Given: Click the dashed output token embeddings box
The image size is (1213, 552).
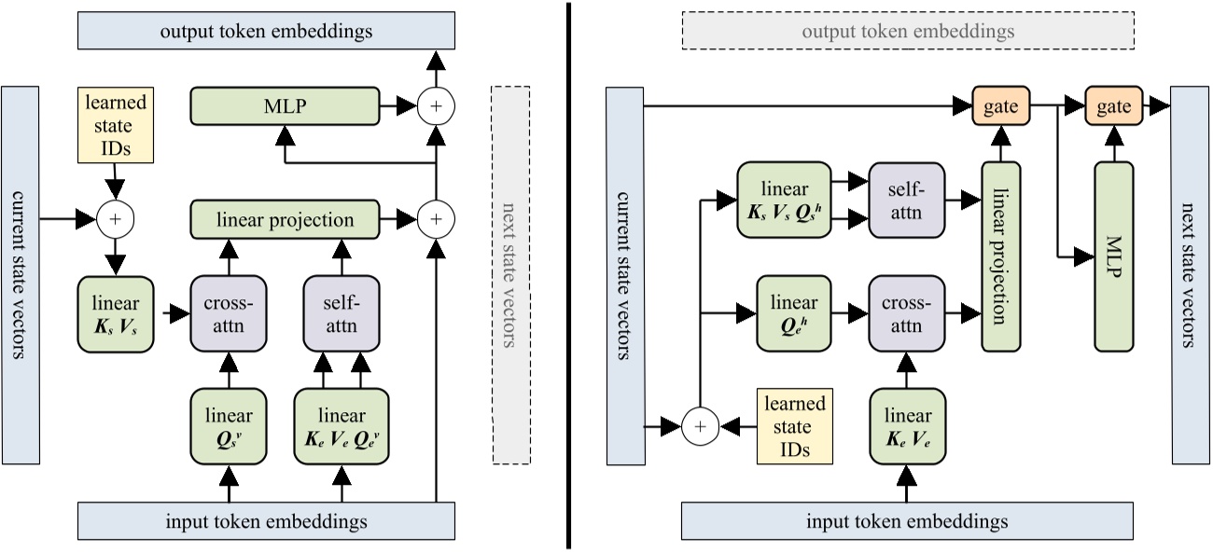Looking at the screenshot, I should pyautogui.click(x=908, y=31).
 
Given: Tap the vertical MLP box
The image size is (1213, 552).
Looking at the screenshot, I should pyautogui.click(x=1114, y=256).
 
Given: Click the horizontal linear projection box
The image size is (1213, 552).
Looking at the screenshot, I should pyautogui.click(x=285, y=220).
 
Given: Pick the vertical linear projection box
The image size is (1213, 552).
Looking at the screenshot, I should pyautogui.click(x=1001, y=256).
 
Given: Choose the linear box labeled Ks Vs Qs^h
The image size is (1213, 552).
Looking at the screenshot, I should pyautogui.click(x=784, y=200).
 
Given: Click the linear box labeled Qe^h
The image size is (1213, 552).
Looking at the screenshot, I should pyautogui.click(x=793, y=312).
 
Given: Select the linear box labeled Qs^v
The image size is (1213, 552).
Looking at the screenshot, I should pyautogui.click(x=228, y=425).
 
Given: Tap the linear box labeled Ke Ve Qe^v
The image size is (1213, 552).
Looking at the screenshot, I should pyautogui.click(x=342, y=425).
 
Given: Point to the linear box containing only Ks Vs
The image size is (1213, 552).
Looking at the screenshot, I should pyautogui.click(x=115, y=313).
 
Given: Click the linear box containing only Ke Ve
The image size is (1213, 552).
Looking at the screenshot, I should pyautogui.click(x=906, y=425).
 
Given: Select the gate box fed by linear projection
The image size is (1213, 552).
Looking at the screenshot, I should pyautogui.click(x=1000, y=106).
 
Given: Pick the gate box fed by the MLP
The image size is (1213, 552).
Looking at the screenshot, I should pyautogui.click(x=1114, y=106).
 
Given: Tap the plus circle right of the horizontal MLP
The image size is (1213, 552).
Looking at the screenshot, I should pyautogui.click(x=435, y=106).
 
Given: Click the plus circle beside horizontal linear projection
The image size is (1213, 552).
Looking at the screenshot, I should pyautogui.click(x=435, y=220).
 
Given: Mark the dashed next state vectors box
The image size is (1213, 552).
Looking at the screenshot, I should pyautogui.click(x=509, y=275).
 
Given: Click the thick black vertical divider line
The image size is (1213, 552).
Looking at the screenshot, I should pyautogui.click(x=568, y=275).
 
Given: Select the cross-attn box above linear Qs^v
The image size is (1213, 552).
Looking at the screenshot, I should pyautogui.click(x=228, y=313).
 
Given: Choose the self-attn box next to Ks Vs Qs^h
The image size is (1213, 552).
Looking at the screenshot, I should pyautogui.click(x=906, y=200).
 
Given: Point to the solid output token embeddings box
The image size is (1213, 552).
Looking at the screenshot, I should pyautogui.click(x=265, y=31).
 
